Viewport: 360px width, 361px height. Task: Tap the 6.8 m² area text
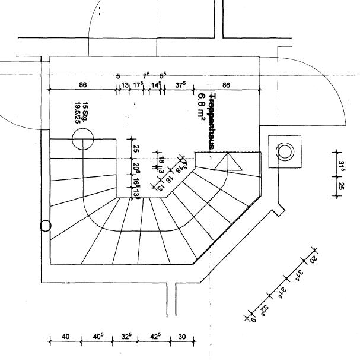pos(202,107)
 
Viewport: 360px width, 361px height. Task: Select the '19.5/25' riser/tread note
pos(77,112)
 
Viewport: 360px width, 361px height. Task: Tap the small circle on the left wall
pos(46,226)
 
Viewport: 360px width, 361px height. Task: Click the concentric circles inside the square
pos(285,152)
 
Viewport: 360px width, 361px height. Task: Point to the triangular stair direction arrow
pos(228,162)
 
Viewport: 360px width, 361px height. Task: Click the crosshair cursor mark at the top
pos(100,10)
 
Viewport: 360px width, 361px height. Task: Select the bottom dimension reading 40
pos(65,337)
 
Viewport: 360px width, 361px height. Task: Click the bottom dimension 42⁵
pos(155,337)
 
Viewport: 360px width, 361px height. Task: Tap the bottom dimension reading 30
pos(181,337)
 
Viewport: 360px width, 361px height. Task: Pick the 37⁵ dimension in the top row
pos(180,85)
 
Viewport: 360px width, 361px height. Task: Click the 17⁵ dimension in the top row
pos(138,85)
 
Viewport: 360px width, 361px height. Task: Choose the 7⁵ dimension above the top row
pos(146,75)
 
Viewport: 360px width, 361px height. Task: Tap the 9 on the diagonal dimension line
pos(253,320)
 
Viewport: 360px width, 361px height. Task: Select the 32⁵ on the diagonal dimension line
pos(265,309)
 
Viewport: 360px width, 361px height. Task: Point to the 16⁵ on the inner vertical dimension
pos(136,180)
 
